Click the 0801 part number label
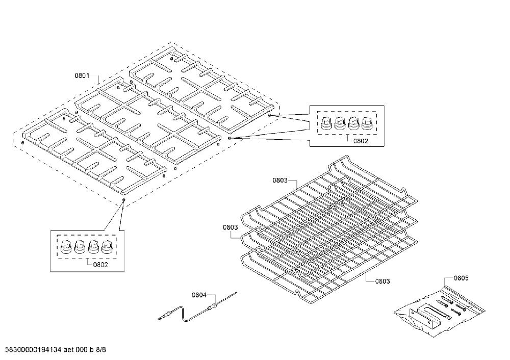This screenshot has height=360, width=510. [x=82, y=76]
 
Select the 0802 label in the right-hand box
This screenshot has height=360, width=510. [x=361, y=141]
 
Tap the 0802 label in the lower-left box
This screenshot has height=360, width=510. [x=100, y=265]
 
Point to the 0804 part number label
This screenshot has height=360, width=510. [x=199, y=295]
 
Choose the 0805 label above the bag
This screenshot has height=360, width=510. [x=461, y=278]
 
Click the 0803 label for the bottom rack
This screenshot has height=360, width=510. [x=382, y=281]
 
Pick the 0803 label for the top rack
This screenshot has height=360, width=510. [x=280, y=180]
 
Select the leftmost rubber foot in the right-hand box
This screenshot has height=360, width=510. [x=325, y=123]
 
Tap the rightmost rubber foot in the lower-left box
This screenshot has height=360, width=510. [x=107, y=247]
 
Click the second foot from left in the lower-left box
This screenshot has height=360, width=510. [x=80, y=247]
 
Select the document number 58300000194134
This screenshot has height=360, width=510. [x=31, y=350]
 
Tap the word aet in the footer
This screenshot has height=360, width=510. [x=68, y=350]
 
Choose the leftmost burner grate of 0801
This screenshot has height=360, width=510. [x=94, y=151]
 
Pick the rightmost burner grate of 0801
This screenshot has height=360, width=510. [x=201, y=89]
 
